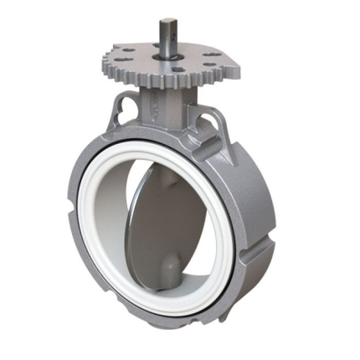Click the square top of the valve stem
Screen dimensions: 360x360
pos(167,21)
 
